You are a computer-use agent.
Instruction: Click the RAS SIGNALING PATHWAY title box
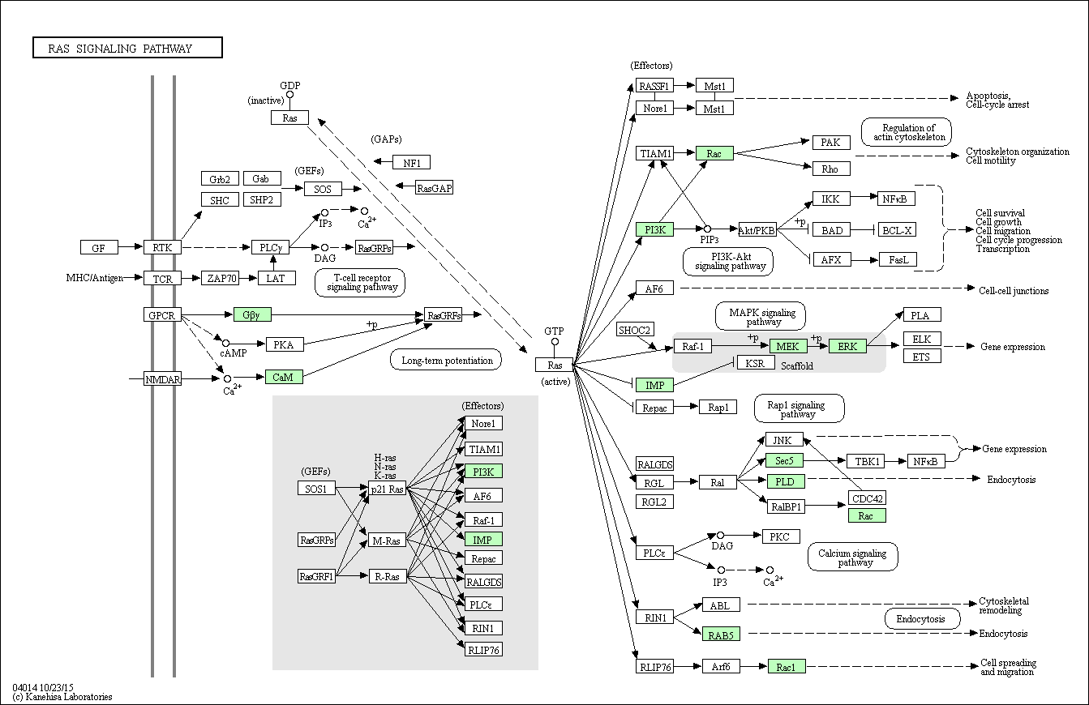point(127,49)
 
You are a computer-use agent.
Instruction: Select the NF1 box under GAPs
point(411,162)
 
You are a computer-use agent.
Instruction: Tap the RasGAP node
point(435,188)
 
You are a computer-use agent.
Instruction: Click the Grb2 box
point(220,179)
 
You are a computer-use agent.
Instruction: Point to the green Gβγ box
point(252,314)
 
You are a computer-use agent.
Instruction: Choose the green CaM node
point(283,377)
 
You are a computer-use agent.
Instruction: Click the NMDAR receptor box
point(162,378)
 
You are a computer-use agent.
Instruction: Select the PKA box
point(284,344)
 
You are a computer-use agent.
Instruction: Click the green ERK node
point(847,346)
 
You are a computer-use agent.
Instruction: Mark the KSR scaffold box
point(755,363)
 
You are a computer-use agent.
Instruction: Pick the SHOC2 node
point(634,330)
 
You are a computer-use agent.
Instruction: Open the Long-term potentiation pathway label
point(447,360)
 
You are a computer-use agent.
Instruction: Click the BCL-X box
point(897,230)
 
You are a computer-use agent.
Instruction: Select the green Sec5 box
point(785,460)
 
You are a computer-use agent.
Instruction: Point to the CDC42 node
point(867,498)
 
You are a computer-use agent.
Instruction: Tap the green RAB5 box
point(721,634)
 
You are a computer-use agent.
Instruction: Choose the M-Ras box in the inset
point(386,540)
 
